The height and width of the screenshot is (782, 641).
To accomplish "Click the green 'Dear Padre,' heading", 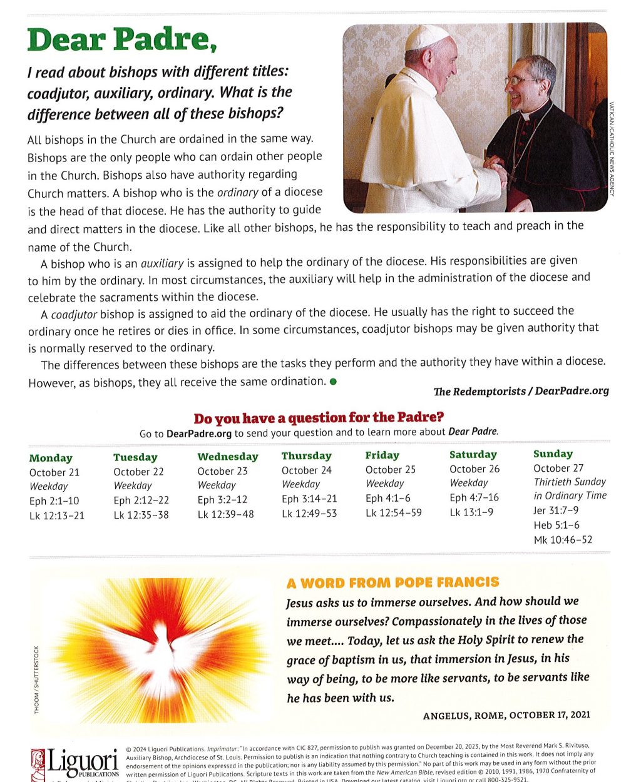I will [122, 39].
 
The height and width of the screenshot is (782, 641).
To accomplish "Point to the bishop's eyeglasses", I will [521, 81].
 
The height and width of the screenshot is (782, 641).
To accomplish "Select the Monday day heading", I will [51, 458].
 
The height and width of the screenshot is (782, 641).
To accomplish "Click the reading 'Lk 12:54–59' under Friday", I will [393, 512].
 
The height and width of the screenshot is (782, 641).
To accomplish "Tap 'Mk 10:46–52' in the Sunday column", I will [563, 539].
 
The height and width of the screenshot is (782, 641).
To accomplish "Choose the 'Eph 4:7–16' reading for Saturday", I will [474, 497].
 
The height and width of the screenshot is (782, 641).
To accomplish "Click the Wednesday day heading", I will [228, 457].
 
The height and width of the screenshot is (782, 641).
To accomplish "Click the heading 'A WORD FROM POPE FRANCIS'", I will [392, 583].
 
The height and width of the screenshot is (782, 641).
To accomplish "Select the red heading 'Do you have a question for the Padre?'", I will [319, 418].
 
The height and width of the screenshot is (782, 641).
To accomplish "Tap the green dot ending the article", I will [332, 382].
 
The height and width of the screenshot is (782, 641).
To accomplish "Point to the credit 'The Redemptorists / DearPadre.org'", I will [521, 391].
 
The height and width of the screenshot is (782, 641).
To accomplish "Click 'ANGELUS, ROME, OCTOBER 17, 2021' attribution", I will [506, 715].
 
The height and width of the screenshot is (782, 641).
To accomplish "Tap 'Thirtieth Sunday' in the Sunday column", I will [570, 482].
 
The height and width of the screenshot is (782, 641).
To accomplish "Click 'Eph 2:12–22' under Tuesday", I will [141, 500].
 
